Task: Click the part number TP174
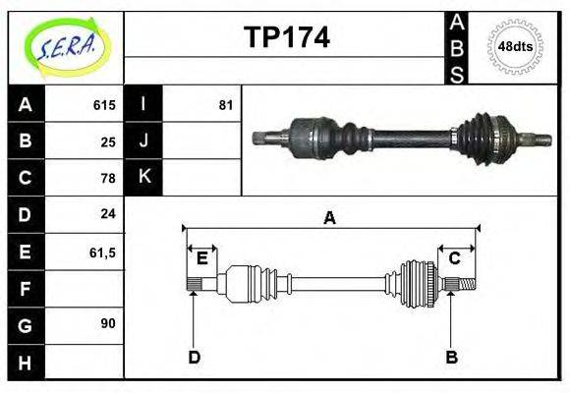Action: click(x=286, y=37)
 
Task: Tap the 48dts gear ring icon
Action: click(x=515, y=46)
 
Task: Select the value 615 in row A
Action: click(x=104, y=105)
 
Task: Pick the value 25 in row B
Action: click(x=108, y=141)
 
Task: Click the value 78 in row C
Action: click(x=108, y=178)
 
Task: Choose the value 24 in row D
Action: click(x=108, y=214)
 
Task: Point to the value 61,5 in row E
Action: click(x=102, y=252)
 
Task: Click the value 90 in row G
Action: click(x=108, y=323)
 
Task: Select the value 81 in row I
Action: click(x=225, y=105)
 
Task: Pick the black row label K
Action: click(x=143, y=178)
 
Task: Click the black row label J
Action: click(x=143, y=141)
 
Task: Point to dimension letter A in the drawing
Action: click(x=329, y=218)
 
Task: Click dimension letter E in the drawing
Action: click(x=201, y=257)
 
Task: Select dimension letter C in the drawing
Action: click(x=455, y=257)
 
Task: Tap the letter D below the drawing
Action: click(x=194, y=357)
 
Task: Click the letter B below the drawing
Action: click(x=451, y=357)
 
